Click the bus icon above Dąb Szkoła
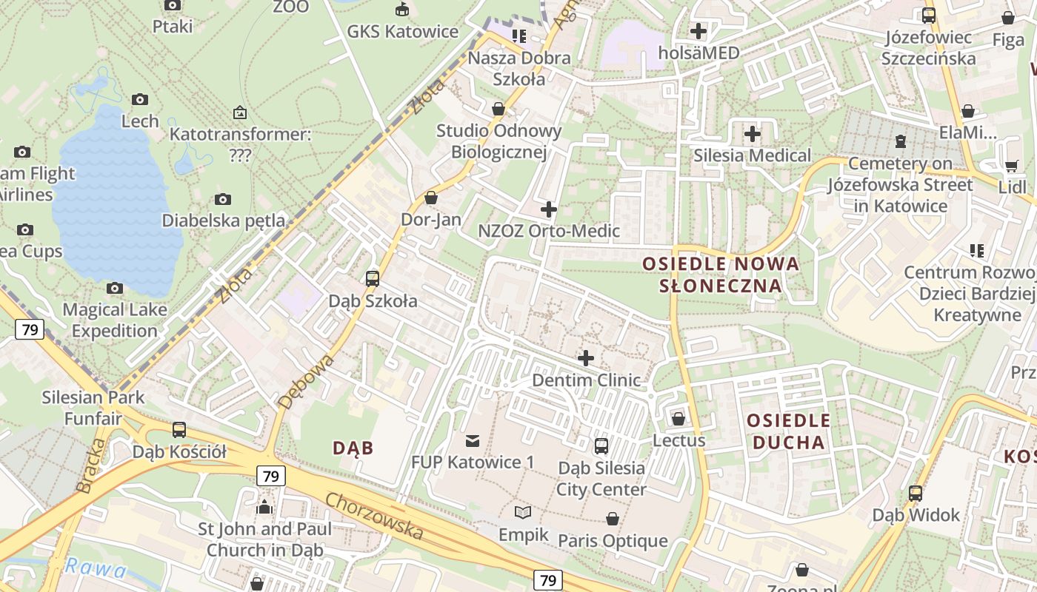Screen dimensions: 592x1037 pos(373,279)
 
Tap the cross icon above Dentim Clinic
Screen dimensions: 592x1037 pos(586,359)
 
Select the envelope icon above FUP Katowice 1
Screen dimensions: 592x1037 pos(472,441)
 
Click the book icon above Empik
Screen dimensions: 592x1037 pos(523,512)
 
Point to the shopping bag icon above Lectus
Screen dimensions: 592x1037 pos(678,420)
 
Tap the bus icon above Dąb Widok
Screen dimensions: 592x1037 pos(916,494)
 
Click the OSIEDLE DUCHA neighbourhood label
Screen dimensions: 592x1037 pos(788,431)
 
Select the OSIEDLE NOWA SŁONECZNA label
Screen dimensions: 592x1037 pos(721,275)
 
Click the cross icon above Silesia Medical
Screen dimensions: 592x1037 pos(753,134)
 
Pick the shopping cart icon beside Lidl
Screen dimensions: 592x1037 pos(1011,166)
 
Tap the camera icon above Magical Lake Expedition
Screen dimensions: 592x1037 pos(115,288)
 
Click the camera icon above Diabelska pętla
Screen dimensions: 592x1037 pos(223,199)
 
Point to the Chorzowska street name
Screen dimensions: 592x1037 pos(375,516)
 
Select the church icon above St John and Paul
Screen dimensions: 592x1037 pos(264,508)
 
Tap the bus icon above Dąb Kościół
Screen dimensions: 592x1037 pos(179,430)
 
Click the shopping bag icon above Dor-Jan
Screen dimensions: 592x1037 pos(431,198)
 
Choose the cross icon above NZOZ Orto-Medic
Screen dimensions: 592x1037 pos(549,209)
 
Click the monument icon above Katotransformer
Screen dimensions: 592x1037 pos(239,113)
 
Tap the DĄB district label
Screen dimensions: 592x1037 pos(353,448)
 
